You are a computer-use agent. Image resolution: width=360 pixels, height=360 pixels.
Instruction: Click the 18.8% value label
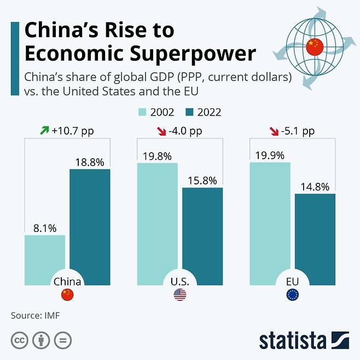[90, 161]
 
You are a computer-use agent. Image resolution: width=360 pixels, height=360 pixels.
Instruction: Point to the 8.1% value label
[44, 228]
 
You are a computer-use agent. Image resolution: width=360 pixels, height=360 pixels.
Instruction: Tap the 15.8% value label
[202, 180]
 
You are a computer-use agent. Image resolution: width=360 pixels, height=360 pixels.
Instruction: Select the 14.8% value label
[315, 187]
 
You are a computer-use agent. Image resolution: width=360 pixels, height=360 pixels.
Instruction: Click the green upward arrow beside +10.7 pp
[44, 131]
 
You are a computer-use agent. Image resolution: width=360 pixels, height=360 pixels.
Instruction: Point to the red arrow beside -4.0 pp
[160, 131]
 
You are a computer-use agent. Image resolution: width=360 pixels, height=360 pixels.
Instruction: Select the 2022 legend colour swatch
[189, 113]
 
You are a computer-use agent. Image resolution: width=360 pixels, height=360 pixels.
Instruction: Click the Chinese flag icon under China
[67, 295]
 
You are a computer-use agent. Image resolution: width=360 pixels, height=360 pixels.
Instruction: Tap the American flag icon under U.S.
[180, 295]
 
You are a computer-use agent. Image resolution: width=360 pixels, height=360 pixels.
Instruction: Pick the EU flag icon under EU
[293, 295]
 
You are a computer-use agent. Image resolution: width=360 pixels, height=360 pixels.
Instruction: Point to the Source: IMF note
[34, 315]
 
